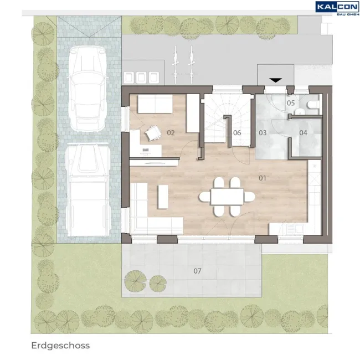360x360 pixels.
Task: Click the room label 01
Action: coord(262,178)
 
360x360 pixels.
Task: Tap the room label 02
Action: coord(171,133)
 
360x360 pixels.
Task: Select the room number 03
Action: coord(263,133)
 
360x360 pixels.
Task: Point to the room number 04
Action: coord(303,133)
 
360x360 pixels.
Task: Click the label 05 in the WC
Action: coord(291,103)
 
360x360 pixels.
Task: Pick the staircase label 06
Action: coord(237,133)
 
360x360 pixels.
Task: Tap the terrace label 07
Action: coord(197,271)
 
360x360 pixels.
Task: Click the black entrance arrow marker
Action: coord(275,80)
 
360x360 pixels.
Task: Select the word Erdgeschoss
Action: coord(60,345)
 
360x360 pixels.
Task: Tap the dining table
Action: coord(227,196)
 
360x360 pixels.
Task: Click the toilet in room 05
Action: coord(313,105)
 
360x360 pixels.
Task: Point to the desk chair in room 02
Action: coord(153,133)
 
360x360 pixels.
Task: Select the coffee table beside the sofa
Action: coord(163,197)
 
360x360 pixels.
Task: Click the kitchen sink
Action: coord(295,228)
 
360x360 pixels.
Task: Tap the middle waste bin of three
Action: coord(141,78)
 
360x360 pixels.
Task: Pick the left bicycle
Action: coord(175,65)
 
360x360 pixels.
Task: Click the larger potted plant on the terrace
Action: coord(136,281)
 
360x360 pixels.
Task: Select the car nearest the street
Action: coord(88,89)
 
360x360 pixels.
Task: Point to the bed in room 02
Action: coord(155,104)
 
